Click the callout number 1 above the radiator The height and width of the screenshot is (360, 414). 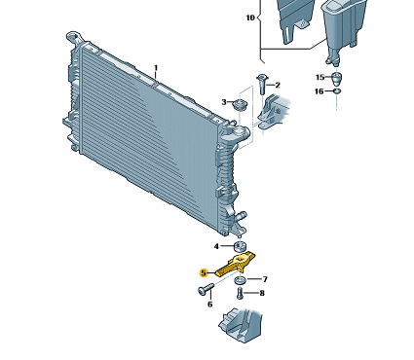tap(156, 68)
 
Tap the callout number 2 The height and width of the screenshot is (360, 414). tap(278, 85)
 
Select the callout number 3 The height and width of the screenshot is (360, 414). tap(224, 102)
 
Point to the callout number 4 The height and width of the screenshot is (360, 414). tap(216, 246)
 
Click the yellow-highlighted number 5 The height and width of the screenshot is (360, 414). tap(204, 273)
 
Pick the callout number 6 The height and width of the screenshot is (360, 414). tap(210, 305)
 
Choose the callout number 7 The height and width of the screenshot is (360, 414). tap(265, 279)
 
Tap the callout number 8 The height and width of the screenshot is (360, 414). tap(262, 293)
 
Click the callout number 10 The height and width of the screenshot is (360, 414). tap(250, 18)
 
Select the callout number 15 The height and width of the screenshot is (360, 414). tap(320, 77)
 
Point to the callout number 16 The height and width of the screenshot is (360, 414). tap(320, 91)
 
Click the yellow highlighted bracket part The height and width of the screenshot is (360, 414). tap(236, 264)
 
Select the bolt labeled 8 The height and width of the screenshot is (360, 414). tap(240, 293)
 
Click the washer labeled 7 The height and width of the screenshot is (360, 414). tap(241, 279)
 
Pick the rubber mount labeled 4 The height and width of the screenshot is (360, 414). tap(240, 246)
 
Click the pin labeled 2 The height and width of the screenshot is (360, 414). tap(262, 84)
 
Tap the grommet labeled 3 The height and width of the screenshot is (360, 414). tap(241, 105)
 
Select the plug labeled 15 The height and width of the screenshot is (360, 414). tap(337, 78)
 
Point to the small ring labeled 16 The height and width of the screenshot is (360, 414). tap(337, 91)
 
